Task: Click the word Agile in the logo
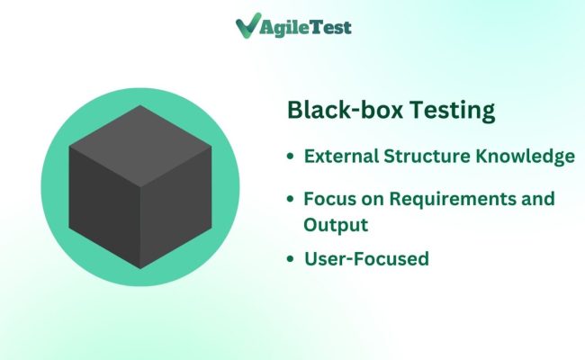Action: (284, 27)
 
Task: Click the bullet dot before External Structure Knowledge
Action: (290, 157)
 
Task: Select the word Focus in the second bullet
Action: (328, 198)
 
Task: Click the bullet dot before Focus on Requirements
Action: (290, 199)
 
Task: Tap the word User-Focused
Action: (366, 259)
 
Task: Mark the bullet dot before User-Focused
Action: (290, 260)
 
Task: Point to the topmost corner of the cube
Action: (139, 105)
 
